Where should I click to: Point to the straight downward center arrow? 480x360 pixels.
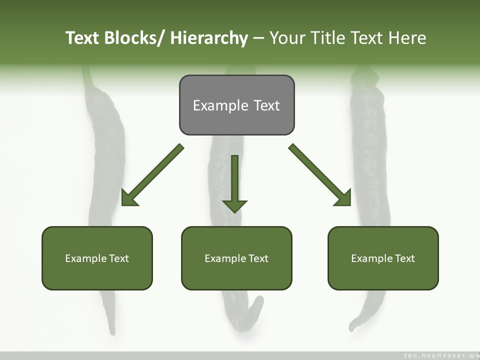[x=234, y=180]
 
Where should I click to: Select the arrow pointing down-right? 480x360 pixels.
[x=320, y=175]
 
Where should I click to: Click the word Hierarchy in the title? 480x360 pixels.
[x=209, y=38]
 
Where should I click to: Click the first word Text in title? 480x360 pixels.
[x=83, y=38]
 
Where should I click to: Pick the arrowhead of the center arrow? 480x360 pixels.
[x=234, y=205]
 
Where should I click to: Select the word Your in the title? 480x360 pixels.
[x=286, y=38]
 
